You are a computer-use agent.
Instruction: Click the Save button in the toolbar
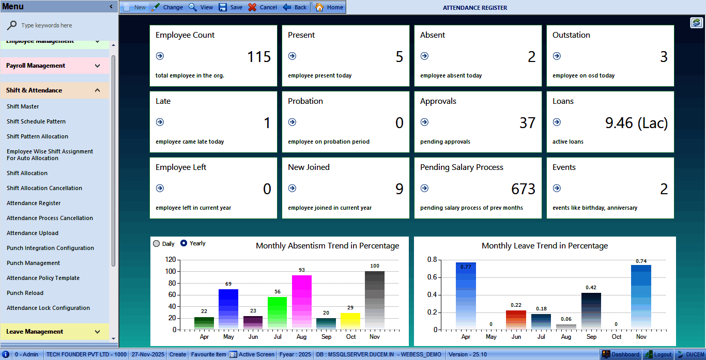[231, 7]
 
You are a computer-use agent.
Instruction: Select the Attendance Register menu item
[34, 203]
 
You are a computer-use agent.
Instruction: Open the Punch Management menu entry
[33, 263]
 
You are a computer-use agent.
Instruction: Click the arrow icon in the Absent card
[424, 56]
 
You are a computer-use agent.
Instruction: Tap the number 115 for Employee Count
[259, 57]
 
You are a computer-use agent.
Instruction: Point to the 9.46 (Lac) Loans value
[636, 123]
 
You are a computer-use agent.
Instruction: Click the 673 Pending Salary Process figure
[523, 189]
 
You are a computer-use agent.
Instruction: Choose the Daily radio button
[157, 244]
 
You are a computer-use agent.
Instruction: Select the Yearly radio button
[183, 243]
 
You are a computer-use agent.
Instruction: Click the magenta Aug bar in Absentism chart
[302, 302]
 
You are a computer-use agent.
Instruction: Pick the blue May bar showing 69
[228, 309]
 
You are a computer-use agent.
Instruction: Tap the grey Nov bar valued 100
[375, 300]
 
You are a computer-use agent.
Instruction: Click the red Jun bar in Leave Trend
[516, 320]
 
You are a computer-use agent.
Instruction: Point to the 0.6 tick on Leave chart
[432, 277]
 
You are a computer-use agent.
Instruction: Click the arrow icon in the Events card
[557, 189]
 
